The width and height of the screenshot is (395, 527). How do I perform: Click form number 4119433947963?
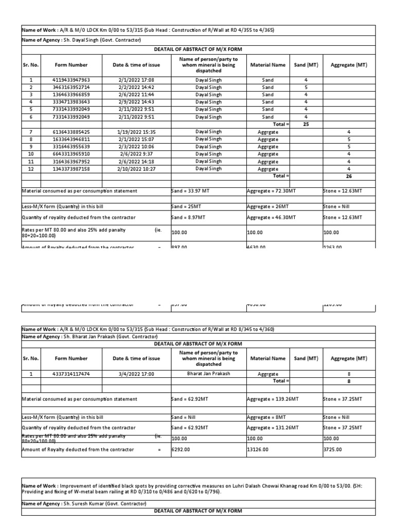tap(71, 80)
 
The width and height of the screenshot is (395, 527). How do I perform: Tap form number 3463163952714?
tap(71, 87)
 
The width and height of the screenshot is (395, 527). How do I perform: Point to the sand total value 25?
tap(306, 125)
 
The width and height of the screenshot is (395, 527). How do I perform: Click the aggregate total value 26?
tap(349, 176)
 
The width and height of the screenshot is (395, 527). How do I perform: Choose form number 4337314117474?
tap(71, 374)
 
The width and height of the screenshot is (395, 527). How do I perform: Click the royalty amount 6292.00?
tap(179, 450)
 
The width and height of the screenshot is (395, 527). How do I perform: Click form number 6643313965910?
tap(71, 154)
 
